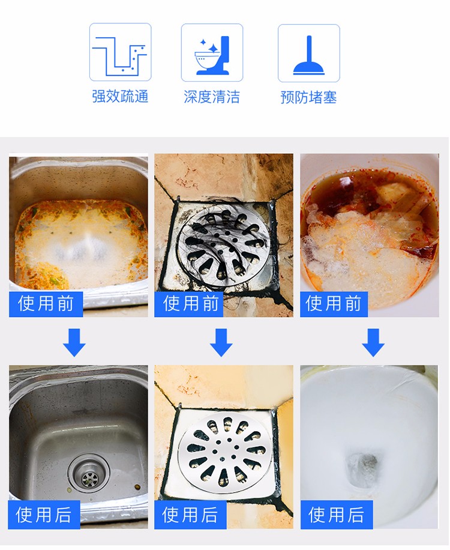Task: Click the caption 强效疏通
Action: coord(120,97)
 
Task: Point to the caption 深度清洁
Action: coord(212,97)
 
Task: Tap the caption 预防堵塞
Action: coord(309,97)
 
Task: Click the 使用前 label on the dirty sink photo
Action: coord(46,304)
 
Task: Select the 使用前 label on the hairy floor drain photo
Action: coord(189,304)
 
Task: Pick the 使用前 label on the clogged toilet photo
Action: coord(334,304)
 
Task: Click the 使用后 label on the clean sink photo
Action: coord(44,515)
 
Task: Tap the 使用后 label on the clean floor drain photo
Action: coord(190,515)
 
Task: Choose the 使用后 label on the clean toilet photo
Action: coord(337,515)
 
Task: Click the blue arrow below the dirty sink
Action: coord(74,343)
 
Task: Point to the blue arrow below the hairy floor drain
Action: coord(221,343)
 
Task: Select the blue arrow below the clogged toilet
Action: coord(373,343)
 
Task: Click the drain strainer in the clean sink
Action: coord(89,474)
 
